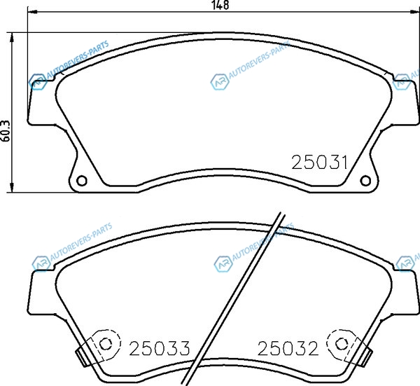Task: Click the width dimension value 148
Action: (x=220, y=5)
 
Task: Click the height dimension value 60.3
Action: (x=6, y=131)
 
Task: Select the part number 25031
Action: (x=320, y=162)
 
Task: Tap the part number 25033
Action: (x=160, y=348)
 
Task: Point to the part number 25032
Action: (x=288, y=348)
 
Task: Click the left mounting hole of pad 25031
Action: (x=82, y=181)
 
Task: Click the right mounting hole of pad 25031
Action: (x=365, y=181)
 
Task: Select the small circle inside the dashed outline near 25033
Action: (x=106, y=343)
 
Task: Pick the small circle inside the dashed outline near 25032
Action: (x=342, y=343)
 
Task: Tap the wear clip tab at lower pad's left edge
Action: (x=82, y=357)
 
